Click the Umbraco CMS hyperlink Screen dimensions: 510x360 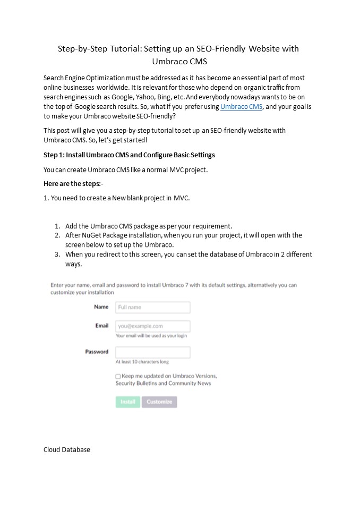[x=241, y=107]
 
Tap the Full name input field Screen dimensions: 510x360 [x=152, y=307]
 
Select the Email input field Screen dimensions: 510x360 [x=152, y=326]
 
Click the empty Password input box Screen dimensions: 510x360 [x=152, y=352]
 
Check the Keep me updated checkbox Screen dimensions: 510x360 [x=118, y=376]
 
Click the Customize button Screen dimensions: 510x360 [x=159, y=402]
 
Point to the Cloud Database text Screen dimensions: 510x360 [x=67, y=449]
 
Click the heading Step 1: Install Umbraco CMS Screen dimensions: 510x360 [x=129, y=155]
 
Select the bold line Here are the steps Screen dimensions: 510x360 [x=73, y=184]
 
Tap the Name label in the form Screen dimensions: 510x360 [x=101, y=307]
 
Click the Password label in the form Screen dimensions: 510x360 [x=97, y=352]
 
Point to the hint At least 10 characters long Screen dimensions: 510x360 [x=142, y=362]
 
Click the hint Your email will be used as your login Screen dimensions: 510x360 [x=151, y=336]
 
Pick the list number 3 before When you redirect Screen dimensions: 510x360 [x=57, y=254]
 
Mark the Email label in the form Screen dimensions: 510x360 [x=102, y=326]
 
